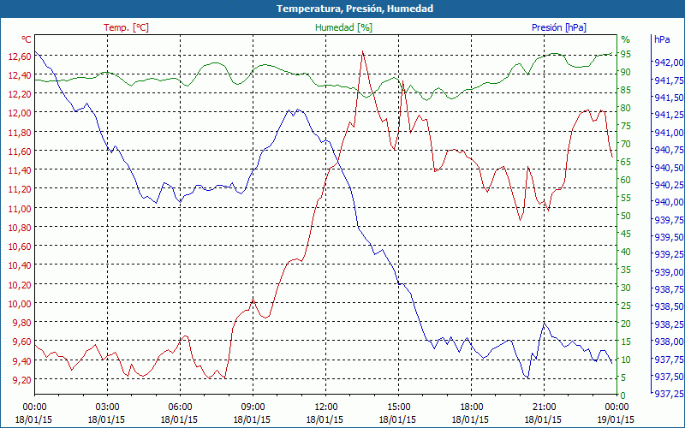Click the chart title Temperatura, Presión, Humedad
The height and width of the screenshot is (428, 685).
click(x=342, y=9)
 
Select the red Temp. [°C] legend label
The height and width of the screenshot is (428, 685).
click(x=126, y=27)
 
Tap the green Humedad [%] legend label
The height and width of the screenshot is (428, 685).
click(x=344, y=27)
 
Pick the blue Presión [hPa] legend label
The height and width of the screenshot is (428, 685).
click(x=559, y=27)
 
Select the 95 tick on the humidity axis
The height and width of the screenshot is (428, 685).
click(x=626, y=54)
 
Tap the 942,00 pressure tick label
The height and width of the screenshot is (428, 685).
click(x=667, y=62)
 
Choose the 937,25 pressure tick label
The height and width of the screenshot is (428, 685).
click(x=667, y=394)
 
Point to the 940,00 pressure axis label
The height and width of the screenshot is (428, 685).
click(x=667, y=202)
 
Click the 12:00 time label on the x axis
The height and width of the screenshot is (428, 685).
click(x=325, y=407)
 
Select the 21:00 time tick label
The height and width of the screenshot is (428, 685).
click(x=544, y=407)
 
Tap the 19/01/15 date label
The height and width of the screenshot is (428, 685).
click(x=616, y=419)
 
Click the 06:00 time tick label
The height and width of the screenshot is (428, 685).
click(x=180, y=407)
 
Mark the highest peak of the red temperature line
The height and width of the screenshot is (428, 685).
click(x=362, y=51)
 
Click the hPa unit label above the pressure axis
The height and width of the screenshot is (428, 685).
click(x=662, y=39)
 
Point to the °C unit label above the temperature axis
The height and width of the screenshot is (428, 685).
click(x=27, y=39)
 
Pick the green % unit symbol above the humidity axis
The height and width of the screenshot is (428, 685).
click(x=625, y=39)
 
